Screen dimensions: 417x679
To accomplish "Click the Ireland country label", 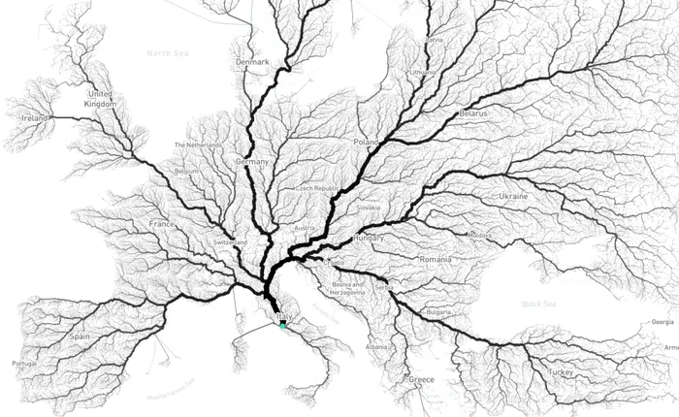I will pos(33,117).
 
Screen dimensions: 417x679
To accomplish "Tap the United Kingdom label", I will pos(101,98).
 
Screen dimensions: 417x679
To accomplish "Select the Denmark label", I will pos(252,62).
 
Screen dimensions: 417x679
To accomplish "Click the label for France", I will pos(161,224).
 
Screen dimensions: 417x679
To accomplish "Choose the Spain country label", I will pos(80,337).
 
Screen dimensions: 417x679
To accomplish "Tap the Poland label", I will pos(367,142).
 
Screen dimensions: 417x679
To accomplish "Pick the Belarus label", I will pos(473,113).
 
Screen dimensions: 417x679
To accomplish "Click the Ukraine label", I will pos(513,197).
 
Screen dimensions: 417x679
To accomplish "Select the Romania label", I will pos(435,260).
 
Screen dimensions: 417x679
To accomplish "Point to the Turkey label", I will pos(560,371).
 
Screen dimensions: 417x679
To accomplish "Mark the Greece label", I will pos(421,379).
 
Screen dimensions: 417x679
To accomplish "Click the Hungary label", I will pos(370,238).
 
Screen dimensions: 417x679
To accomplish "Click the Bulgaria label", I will pos(439,312).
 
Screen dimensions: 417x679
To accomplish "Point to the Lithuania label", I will pos(423,73).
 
